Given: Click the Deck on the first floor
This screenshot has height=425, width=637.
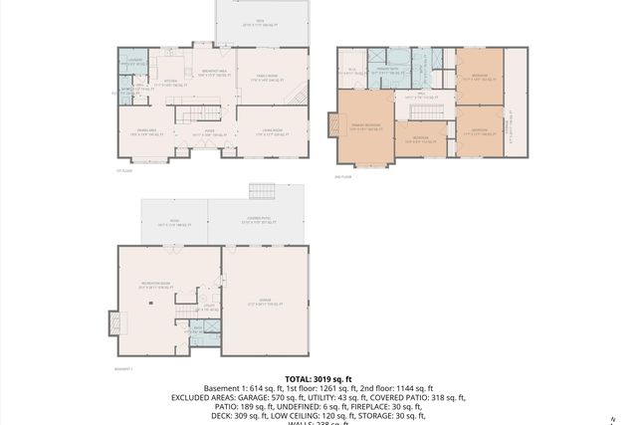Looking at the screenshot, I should (261, 23).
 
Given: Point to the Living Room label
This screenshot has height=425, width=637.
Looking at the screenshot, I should (271, 130).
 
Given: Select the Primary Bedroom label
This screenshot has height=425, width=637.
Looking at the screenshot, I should (366, 126).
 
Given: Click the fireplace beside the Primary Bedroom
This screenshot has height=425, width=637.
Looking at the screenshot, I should (331, 126).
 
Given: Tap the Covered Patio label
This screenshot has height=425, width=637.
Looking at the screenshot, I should (256, 221).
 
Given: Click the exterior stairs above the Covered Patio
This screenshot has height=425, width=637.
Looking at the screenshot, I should (261, 191).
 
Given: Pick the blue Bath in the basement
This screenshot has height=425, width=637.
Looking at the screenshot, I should (205, 332).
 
